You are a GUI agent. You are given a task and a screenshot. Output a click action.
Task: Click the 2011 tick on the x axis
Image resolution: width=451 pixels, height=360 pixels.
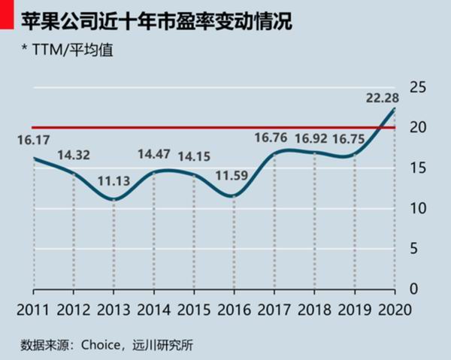[32, 310]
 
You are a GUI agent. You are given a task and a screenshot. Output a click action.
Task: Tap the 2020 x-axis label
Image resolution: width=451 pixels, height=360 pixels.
[395, 310]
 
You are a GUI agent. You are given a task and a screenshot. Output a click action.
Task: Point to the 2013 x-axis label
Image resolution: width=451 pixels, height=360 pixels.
[113, 310]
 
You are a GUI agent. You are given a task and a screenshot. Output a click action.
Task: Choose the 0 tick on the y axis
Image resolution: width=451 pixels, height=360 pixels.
[412, 289]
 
